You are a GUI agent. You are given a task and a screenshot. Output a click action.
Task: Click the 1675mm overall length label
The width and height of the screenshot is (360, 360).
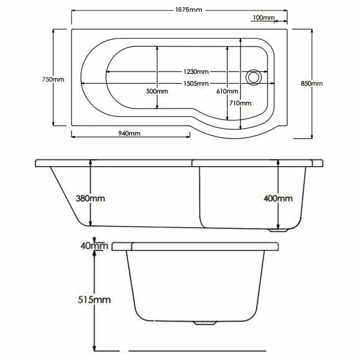click(189, 10)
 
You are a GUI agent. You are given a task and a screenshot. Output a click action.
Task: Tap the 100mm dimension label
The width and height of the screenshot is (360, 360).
click(264, 17)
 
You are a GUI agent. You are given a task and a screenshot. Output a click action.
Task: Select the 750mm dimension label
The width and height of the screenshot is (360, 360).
click(53, 79)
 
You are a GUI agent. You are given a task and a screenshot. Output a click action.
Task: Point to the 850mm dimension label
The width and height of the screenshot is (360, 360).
click(312, 84)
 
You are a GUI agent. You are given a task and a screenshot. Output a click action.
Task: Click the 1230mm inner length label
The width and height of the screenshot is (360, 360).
click(196, 72)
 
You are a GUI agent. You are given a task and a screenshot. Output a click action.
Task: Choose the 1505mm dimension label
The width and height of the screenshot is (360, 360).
click(196, 84)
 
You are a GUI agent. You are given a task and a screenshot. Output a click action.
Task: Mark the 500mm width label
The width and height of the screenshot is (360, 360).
click(157, 91)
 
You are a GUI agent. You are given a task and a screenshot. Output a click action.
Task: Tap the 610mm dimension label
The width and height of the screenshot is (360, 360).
click(227, 91)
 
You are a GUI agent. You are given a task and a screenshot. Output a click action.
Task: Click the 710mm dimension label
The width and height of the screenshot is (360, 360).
click(240, 103)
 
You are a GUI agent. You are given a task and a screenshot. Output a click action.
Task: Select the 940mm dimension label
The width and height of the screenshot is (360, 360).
click(129, 134)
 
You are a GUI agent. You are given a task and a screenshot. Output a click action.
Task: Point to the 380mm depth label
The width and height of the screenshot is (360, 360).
click(90, 198)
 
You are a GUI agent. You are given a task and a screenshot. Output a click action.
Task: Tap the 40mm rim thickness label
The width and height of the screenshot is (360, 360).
click(94, 246)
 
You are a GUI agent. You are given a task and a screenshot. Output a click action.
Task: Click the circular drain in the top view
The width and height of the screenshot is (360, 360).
click(253, 77)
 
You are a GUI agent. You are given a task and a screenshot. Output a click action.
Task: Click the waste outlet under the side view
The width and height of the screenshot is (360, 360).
click(279, 230)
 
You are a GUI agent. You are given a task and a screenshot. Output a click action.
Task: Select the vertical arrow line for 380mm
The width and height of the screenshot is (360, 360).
click(90, 216)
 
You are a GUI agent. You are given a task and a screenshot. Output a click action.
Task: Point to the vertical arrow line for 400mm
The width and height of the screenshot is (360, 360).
click(278, 216)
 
